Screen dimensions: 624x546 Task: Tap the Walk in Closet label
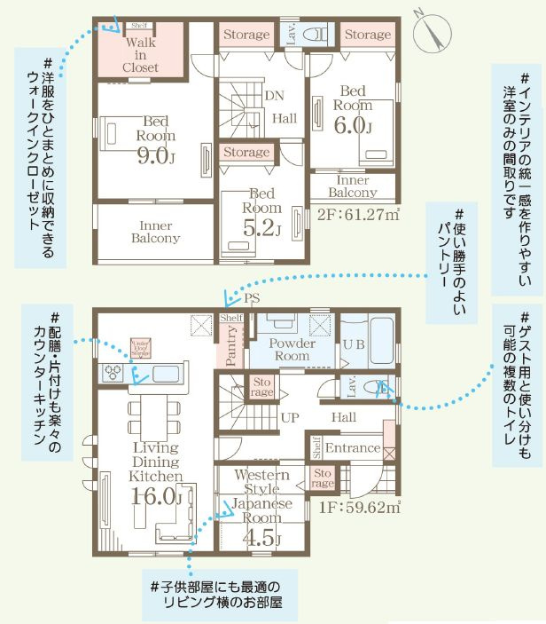pos(141,54)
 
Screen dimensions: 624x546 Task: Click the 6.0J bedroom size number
pos(352,125)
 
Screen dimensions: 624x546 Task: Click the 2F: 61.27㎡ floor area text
pos(358,213)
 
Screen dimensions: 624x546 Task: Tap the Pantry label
pos(230,349)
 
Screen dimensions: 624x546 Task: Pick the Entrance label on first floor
pos(352,448)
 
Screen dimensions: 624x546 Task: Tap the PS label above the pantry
pos(252,298)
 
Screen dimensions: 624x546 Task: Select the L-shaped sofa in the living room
pos(175,529)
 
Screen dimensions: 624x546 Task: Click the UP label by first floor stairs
pos(289,416)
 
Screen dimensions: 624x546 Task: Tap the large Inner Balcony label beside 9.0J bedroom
pos(155,232)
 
